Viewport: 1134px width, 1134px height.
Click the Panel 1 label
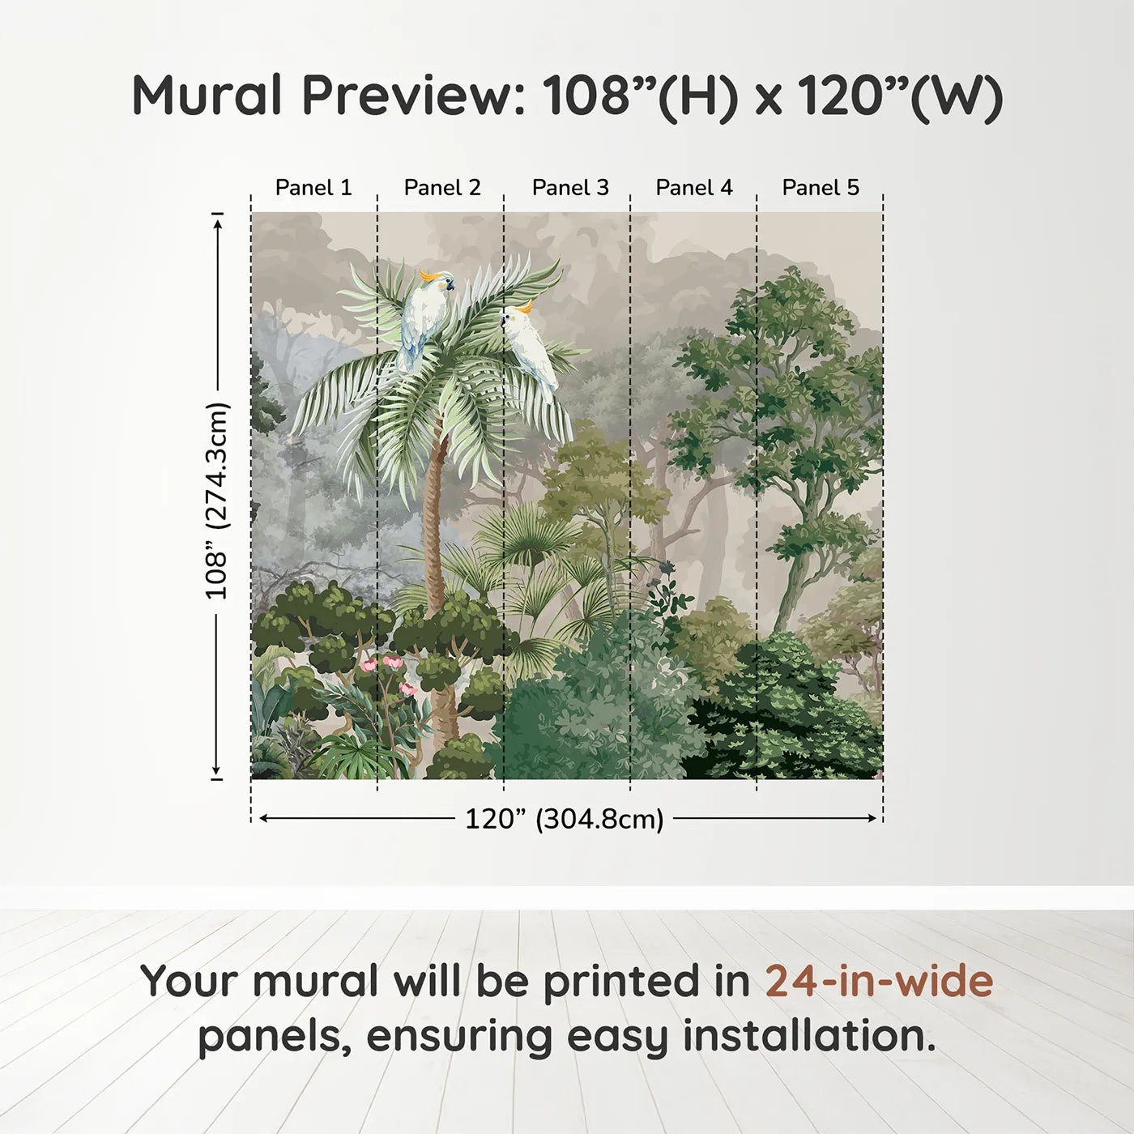pos(313,188)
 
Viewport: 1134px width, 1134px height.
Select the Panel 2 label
pos(442,188)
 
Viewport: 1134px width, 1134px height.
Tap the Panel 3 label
pos(570,188)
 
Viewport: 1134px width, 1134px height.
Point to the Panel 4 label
pos(694,188)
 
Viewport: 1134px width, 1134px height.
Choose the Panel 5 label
pos(821,188)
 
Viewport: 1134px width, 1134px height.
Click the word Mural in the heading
pos(207,95)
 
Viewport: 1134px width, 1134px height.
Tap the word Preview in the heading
pos(412,95)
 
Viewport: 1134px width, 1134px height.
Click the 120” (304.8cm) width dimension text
pos(565,819)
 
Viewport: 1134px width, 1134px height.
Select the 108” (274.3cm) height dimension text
pos(215,501)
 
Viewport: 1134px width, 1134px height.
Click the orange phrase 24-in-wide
pos(879,981)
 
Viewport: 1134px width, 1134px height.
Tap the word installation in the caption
pos(809,1035)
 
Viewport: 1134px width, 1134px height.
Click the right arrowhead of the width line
pos(872,818)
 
